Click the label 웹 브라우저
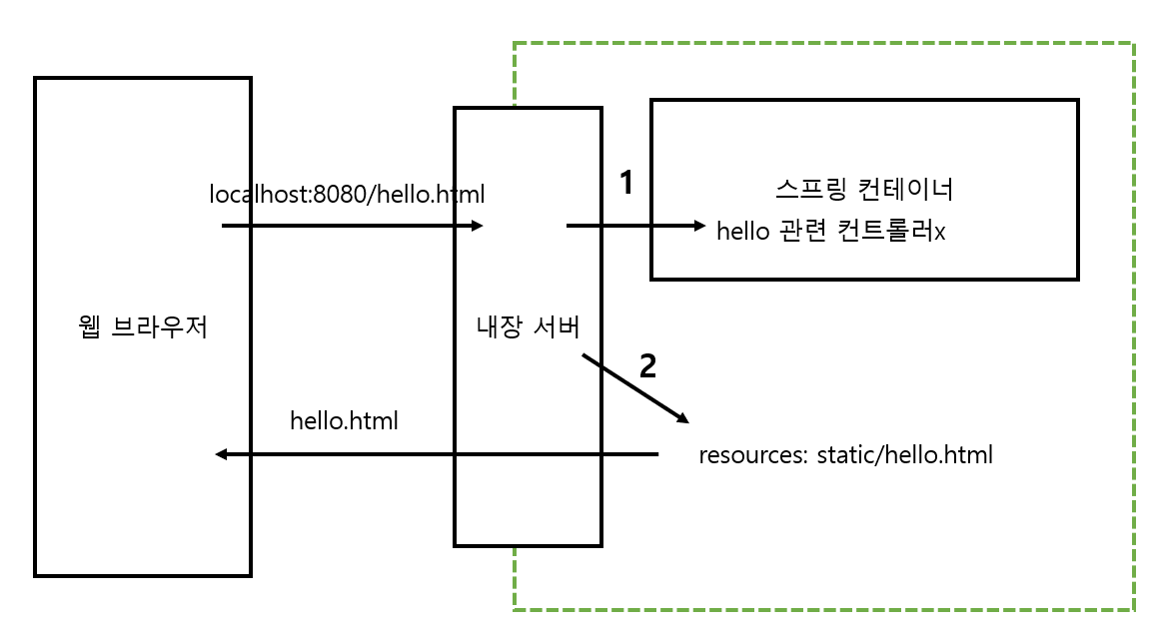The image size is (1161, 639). click(142, 327)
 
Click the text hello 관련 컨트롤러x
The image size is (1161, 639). click(831, 232)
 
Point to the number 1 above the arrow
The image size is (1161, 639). click(626, 183)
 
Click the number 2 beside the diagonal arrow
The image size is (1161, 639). click(647, 366)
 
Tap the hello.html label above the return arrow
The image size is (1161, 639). click(344, 421)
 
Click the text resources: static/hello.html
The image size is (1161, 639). click(846, 456)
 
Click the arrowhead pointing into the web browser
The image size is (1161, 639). click(222, 455)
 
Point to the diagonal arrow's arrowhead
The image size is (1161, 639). click(682, 417)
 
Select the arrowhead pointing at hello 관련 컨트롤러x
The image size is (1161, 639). click(699, 227)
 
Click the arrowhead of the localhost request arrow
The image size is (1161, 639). click(478, 227)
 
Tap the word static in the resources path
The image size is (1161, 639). click(843, 456)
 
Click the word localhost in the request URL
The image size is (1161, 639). click(258, 193)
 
